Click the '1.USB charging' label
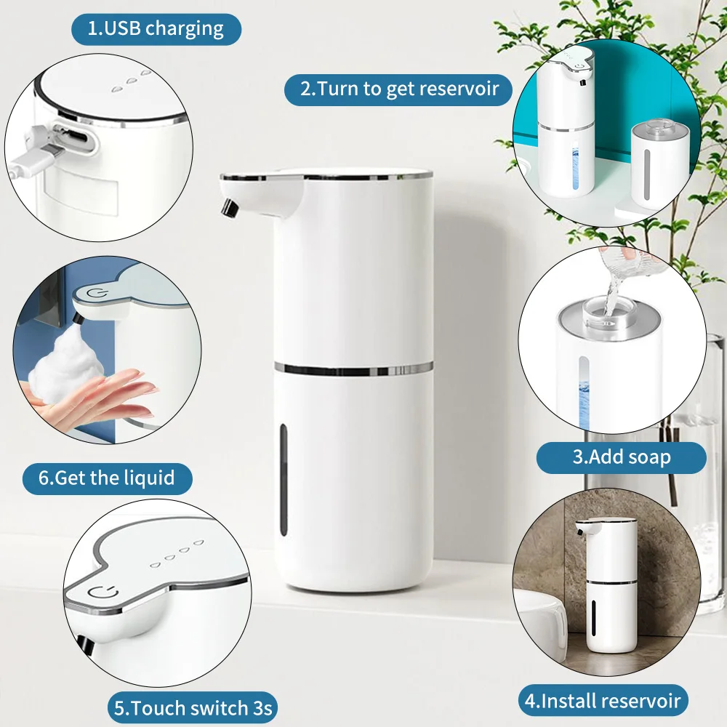(x=156, y=29)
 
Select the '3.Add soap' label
(x=621, y=457)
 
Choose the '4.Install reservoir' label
(x=603, y=701)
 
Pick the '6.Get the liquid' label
(x=107, y=478)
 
